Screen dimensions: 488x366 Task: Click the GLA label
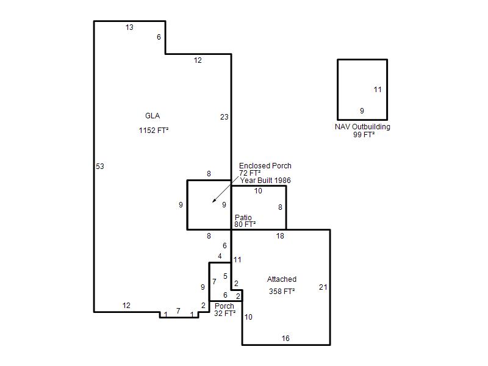152,116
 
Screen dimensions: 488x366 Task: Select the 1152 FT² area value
154,130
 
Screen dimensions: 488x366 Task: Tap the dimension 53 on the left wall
100,167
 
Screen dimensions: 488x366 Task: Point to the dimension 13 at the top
129,27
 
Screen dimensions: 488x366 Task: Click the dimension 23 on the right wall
224,117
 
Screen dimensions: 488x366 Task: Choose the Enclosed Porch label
265,166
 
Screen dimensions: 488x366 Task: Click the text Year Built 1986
265,181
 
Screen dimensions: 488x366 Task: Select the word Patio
243,217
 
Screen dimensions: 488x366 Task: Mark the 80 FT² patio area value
245,224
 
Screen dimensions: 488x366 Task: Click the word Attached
282,279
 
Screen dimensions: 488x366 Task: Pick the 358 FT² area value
282,292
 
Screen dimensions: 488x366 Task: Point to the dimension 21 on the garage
323,287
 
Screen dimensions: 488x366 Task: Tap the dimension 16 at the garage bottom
285,339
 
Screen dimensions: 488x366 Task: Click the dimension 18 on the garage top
280,236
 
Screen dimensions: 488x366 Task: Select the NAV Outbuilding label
362,127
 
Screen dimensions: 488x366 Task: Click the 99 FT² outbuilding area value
364,134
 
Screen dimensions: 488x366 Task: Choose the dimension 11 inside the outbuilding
378,90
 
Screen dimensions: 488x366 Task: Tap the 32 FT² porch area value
224,314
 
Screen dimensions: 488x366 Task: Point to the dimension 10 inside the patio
258,191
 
